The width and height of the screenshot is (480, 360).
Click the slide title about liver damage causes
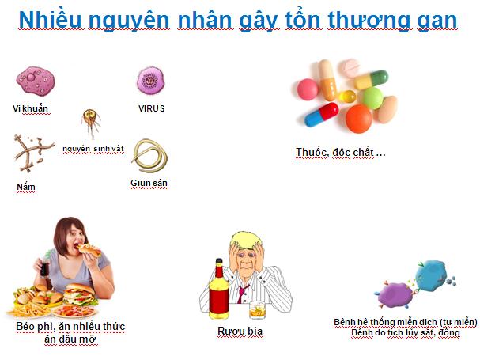pos(237,19)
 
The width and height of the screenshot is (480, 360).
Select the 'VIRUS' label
pos(150,108)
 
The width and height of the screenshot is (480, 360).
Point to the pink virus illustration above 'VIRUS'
pos(150,80)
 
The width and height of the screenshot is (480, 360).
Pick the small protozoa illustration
pos(91,123)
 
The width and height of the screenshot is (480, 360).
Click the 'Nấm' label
pos(26,187)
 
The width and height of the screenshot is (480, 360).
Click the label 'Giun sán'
pos(149,183)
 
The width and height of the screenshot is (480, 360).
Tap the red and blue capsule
pos(317,115)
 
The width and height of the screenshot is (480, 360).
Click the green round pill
pos(371,97)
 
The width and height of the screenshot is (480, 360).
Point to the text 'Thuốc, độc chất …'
pos(340,152)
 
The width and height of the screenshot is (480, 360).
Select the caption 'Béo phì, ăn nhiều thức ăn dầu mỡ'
pos(70,332)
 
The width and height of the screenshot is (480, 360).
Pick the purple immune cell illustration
pos(393,294)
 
